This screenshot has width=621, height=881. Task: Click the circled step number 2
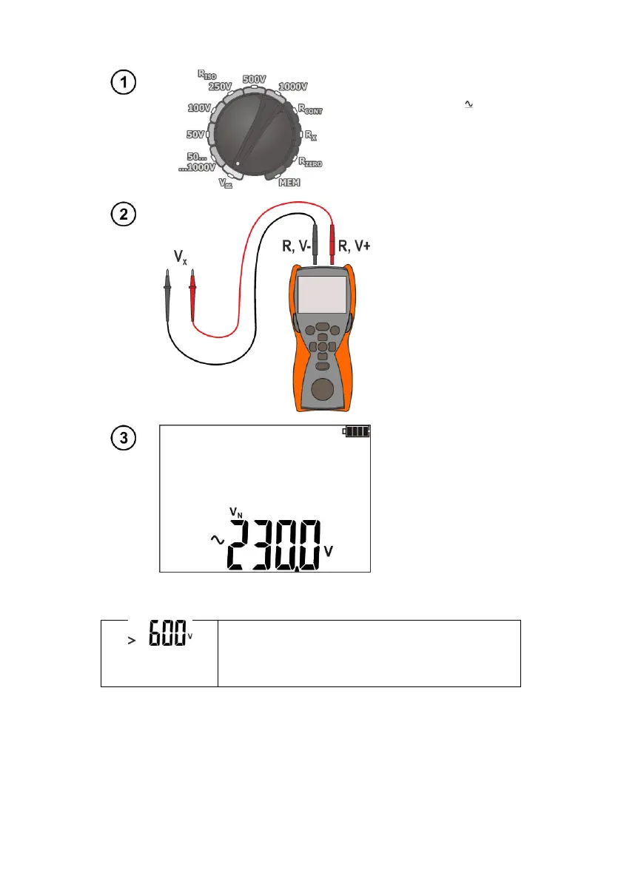coord(124,215)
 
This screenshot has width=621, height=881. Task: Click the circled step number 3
coord(124,438)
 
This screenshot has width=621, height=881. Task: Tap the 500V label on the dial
coord(255,79)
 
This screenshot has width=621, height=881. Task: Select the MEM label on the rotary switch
coord(289,183)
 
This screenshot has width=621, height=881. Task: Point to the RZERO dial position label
coord(310,161)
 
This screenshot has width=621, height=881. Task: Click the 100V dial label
coord(199,108)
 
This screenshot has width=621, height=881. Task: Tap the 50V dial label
coord(195,135)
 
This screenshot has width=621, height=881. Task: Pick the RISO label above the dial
coord(207,73)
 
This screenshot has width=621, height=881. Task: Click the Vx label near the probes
coord(180,257)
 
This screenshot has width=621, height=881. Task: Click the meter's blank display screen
coord(323,294)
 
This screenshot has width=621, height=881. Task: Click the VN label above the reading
coord(234,512)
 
